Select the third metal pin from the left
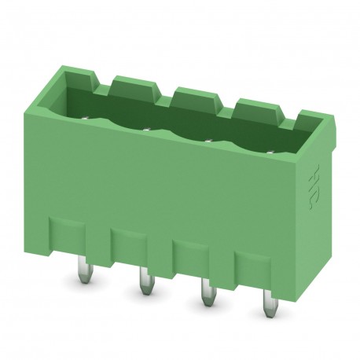click(207, 292)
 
